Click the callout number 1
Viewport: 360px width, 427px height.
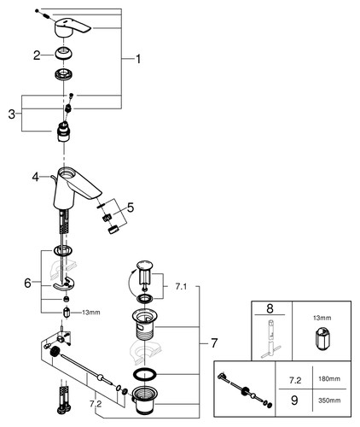point(138,59)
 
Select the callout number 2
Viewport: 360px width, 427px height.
point(37,56)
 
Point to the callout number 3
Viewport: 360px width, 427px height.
point(11,114)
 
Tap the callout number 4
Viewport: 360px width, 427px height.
point(35,177)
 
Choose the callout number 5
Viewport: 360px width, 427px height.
point(131,208)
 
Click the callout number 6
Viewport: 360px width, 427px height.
point(27,284)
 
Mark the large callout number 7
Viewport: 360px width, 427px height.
point(214,342)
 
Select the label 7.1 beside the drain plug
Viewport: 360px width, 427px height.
point(181,287)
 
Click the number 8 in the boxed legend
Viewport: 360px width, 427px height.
point(270,308)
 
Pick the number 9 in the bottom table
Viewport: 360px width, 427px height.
point(294,401)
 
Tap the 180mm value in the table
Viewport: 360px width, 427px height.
point(329,379)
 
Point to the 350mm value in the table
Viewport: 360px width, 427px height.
point(329,401)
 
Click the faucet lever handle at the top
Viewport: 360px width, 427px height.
point(71,27)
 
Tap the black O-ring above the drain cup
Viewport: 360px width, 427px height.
point(145,374)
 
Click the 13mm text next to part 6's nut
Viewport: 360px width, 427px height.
point(91,313)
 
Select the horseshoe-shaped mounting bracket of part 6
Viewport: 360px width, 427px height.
point(63,285)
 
